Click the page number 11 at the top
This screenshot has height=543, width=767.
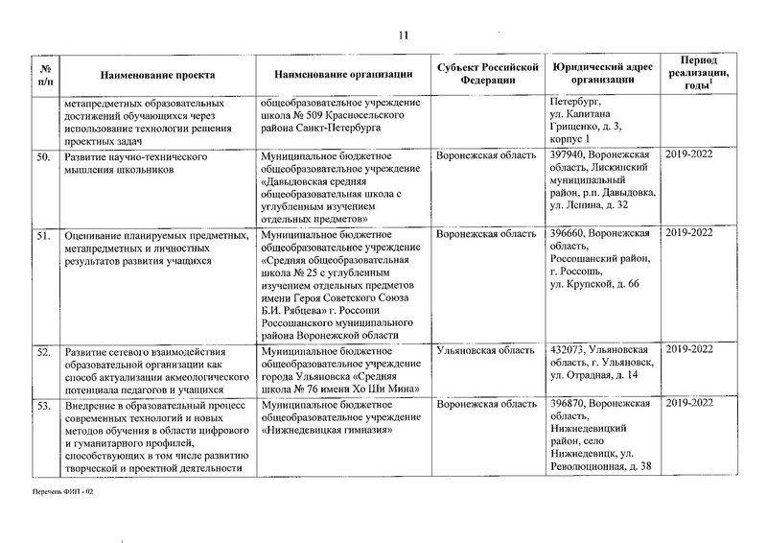coord(404,35)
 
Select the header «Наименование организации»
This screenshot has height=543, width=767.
coord(342,74)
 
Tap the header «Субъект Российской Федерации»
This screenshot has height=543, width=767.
coord(482,74)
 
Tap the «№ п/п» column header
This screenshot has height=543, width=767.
coord(43,74)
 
